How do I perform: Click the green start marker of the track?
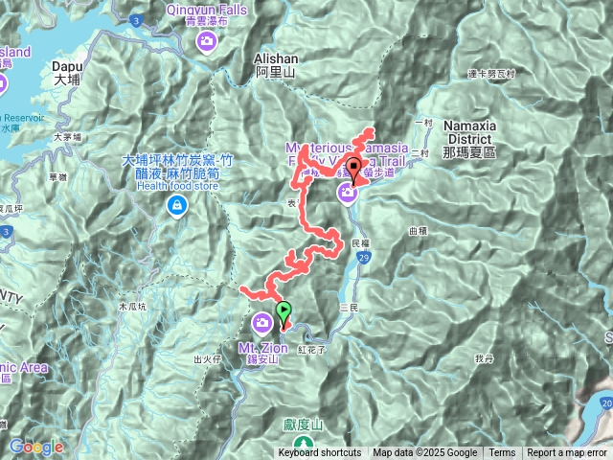284,311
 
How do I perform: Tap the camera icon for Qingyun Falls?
208,41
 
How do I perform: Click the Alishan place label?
278,63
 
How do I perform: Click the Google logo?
36,447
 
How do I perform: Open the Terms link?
502,453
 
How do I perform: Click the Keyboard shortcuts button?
320,453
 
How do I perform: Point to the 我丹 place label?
483,357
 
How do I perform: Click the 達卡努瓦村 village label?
490,74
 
